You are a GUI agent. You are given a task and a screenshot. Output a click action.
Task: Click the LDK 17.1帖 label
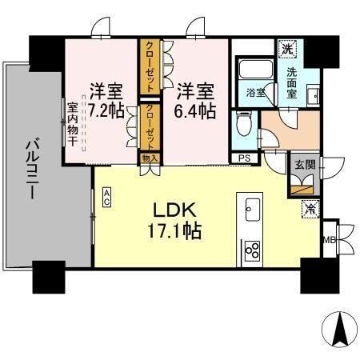click(178, 222)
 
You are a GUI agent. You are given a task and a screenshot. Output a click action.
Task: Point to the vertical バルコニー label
click(33, 170)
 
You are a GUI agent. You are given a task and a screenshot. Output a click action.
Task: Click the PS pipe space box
click(243, 158)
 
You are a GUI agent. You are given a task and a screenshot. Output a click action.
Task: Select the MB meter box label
click(328, 238)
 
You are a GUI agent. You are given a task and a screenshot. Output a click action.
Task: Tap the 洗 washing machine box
click(287, 49)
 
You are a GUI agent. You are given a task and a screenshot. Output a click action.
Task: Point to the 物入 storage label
click(150, 158)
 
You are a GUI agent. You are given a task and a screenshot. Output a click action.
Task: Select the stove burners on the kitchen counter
click(252, 250)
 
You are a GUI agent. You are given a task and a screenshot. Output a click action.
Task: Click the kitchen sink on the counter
click(250, 209)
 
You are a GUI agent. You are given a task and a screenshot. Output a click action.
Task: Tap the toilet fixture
click(244, 123)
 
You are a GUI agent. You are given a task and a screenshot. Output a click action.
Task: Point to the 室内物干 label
click(73, 124)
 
